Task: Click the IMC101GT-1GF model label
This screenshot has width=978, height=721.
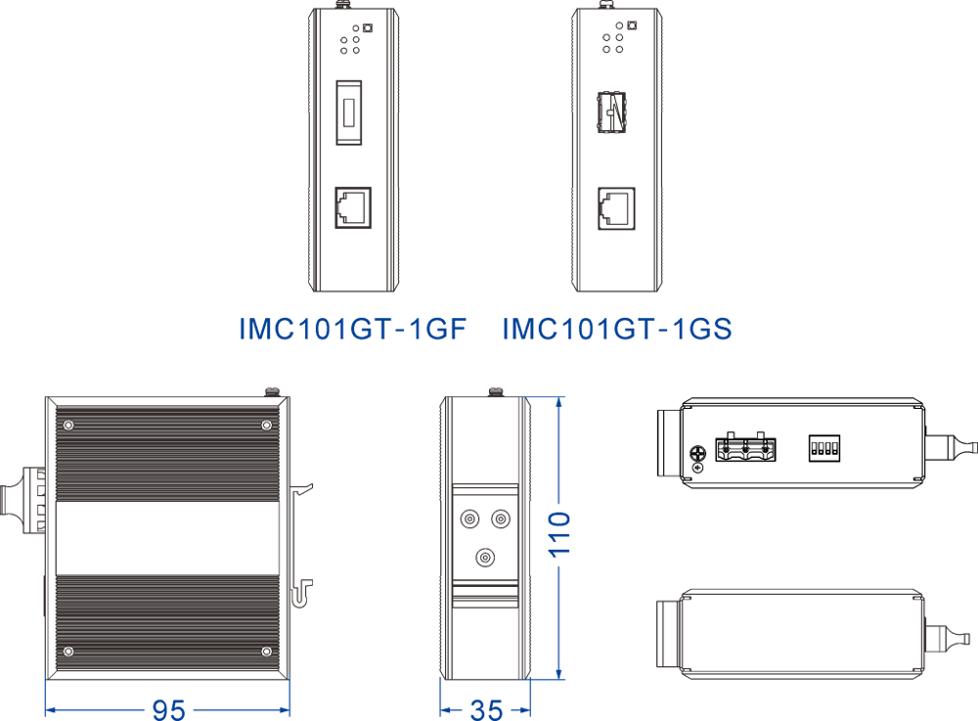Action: [x=352, y=329]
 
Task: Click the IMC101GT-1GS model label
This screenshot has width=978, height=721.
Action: [x=617, y=329]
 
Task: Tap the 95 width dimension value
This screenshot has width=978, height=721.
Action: [x=168, y=708]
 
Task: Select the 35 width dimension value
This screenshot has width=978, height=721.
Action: [x=486, y=708]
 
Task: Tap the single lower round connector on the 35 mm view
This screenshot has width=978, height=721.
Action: [x=484, y=557]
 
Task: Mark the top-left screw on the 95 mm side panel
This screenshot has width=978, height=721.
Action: [x=68, y=425]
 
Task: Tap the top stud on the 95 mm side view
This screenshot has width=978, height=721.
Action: [x=273, y=392]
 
